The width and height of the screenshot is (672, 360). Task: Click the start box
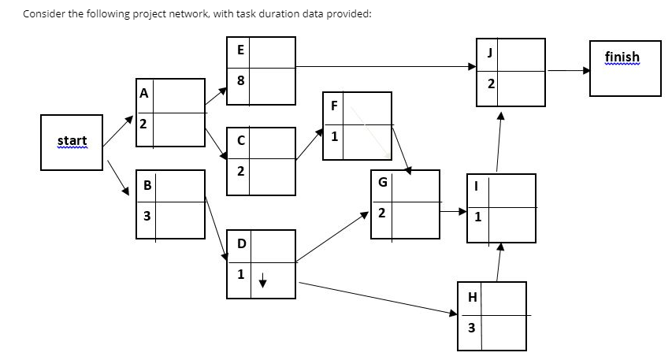pyautogui.click(x=72, y=142)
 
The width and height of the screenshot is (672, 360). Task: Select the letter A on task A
pyautogui.click(x=143, y=93)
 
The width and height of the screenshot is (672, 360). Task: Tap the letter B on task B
pyautogui.click(x=147, y=186)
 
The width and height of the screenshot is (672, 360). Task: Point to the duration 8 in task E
pyautogui.click(x=240, y=80)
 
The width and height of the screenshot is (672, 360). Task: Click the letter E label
pyautogui.click(x=240, y=49)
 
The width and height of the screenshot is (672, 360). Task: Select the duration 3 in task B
pyautogui.click(x=147, y=215)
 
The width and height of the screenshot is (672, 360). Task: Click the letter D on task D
pyautogui.click(x=240, y=243)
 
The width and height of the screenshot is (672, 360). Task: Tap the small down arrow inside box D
pyautogui.click(x=265, y=276)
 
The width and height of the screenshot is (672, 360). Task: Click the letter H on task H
pyautogui.click(x=472, y=296)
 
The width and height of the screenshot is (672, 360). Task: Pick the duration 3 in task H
pyautogui.click(x=472, y=328)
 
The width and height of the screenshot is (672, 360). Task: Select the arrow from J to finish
pyautogui.click(x=568, y=71)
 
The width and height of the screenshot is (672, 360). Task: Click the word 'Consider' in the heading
pyautogui.click(x=44, y=14)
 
